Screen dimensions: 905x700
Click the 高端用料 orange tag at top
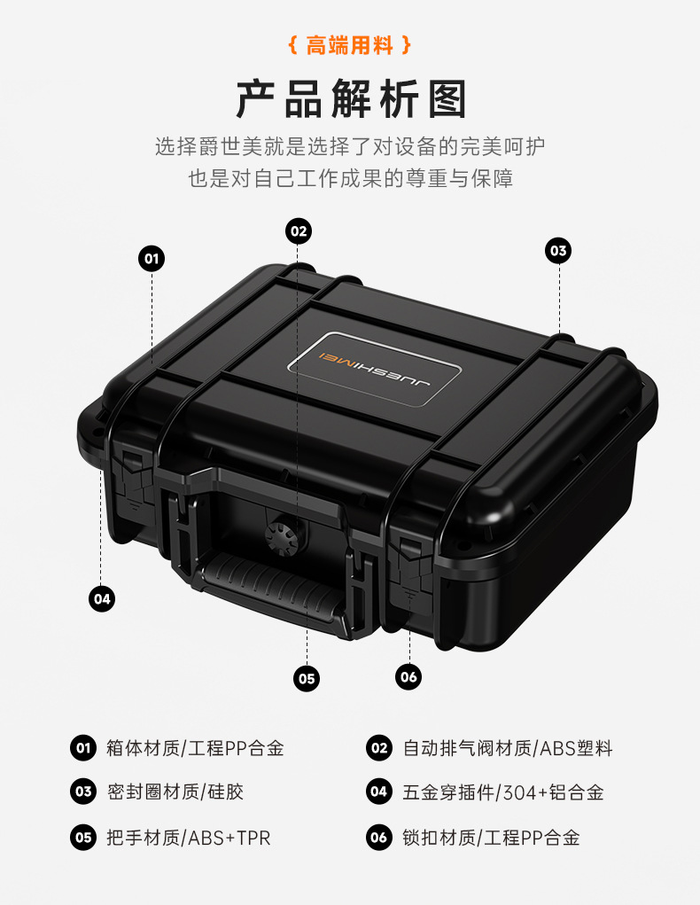tap(350, 45)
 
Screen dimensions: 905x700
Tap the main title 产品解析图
tap(350, 98)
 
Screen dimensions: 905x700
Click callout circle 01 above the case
tap(152, 259)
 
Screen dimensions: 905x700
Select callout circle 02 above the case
tap(299, 231)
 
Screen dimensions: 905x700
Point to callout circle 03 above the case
tap(557, 251)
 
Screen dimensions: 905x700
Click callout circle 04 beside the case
tap(103, 598)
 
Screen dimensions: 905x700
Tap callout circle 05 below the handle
tap(307, 679)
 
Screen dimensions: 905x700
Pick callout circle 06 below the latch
tap(408, 677)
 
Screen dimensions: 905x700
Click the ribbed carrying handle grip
tap(270, 587)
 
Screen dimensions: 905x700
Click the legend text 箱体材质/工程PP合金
tap(194, 748)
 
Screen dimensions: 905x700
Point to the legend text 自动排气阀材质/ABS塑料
tap(507, 748)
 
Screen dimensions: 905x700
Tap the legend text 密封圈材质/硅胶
tap(174, 792)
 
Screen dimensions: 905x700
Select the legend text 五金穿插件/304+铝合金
tap(502, 792)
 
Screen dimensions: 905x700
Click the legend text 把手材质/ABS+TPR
tap(188, 837)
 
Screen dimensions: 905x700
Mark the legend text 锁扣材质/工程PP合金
tap(491, 837)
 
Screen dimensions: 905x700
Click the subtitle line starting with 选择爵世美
tap(350, 146)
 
